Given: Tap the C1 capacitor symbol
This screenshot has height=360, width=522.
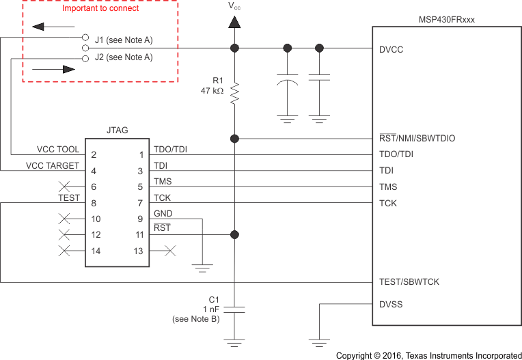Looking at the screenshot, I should click(x=234, y=309).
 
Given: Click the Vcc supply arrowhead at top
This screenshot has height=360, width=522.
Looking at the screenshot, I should click(x=234, y=22).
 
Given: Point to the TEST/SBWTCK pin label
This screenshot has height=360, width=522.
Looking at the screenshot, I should click(x=409, y=282).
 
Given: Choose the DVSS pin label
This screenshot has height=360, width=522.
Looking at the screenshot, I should click(x=391, y=304).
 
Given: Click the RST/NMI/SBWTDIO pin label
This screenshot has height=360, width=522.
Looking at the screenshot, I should click(x=417, y=139).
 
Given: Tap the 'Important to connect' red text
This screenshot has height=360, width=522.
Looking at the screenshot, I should click(x=100, y=8).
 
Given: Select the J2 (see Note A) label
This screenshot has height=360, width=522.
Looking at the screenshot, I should click(x=124, y=57).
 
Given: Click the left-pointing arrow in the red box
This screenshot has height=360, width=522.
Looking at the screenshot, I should click(x=47, y=27).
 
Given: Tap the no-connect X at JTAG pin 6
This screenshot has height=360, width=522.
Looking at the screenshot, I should click(x=66, y=186).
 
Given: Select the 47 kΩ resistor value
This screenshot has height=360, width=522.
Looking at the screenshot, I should click(x=212, y=90).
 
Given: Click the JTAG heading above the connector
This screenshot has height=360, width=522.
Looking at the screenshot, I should click(x=117, y=130).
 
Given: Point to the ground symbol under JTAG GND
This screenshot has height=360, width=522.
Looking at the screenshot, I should click(x=202, y=266).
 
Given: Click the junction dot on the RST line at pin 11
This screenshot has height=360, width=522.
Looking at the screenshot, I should click(x=234, y=235).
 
